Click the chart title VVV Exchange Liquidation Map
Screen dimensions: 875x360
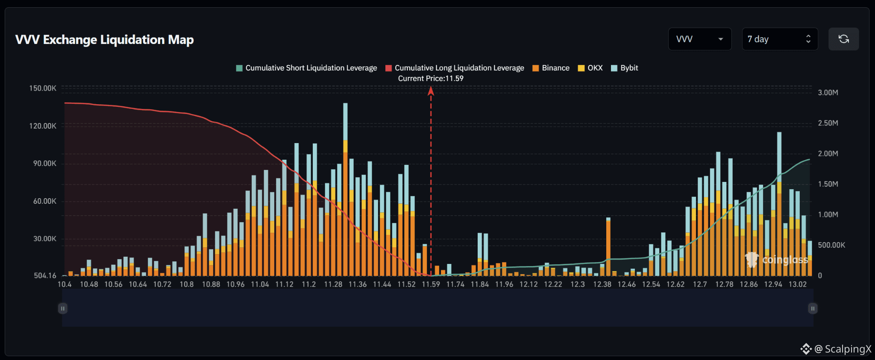coord(105,40)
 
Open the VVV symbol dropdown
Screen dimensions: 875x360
coord(700,39)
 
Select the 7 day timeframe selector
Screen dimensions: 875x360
coord(780,39)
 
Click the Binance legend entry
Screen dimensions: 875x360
coord(551,68)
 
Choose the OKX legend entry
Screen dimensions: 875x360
coord(590,68)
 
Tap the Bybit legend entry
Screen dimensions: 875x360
coord(625,68)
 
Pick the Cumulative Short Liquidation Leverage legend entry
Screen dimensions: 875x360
coord(307,68)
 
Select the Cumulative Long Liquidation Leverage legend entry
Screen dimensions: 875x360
coord(455,68)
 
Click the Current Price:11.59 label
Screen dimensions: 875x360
coord(431,79)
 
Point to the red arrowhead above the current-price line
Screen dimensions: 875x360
coord(431,91)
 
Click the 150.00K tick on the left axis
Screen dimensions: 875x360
coord(43,88)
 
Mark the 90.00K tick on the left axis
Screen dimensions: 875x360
coord(45,164)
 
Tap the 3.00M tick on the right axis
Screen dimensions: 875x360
coord(828,93)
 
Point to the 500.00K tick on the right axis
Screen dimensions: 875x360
coord(831,245)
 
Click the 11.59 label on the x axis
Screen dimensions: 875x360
coord(431,284)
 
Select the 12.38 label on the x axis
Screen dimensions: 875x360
coord(602,284)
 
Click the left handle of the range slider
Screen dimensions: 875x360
coord(63,308)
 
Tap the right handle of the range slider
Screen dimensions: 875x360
coord(813,308)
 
